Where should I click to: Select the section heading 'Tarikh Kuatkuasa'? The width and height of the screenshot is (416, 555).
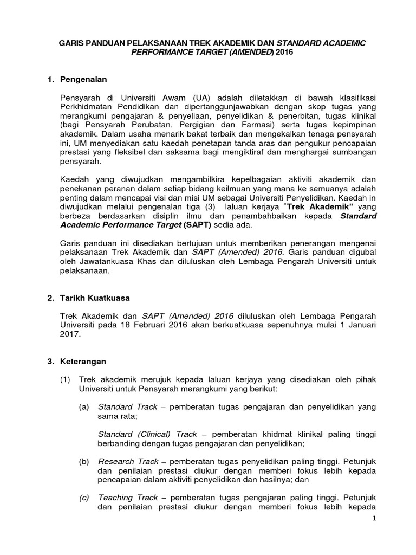pos(95,298)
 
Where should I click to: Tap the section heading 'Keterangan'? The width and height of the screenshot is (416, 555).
pos(84,361)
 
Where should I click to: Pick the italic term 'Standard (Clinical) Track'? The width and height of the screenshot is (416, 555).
pos(147,434)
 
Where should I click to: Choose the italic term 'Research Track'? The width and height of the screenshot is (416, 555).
pos(128,461)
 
